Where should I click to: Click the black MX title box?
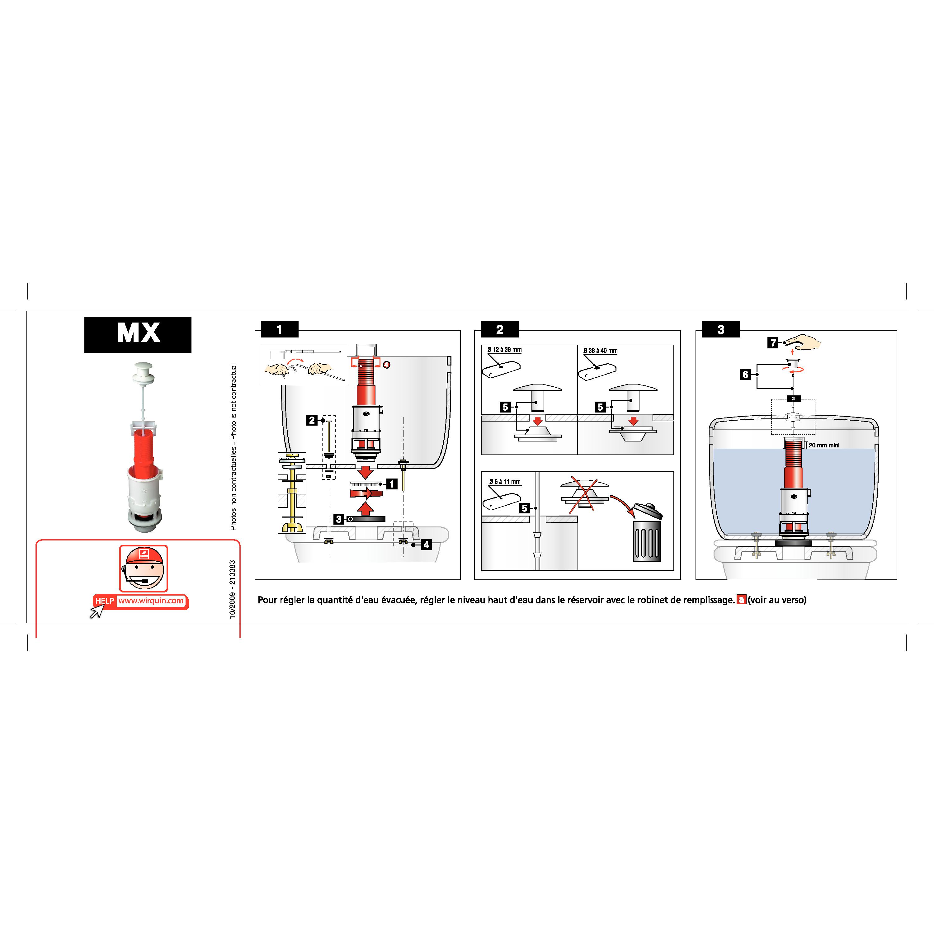click(138, 335)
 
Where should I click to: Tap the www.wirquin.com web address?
click(151, 601)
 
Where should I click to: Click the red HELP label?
click(104, 601)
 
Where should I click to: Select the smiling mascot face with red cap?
click(144, 568)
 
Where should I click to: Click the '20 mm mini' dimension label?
click(824, 445)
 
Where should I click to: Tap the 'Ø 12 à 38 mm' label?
click(504, 350)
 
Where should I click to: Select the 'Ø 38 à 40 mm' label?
click(601, 351)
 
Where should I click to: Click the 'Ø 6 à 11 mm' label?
click(505, 482)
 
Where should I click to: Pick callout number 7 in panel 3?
click(773, 343)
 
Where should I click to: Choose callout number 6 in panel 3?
click(745, 374)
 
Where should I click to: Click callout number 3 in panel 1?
click(339, 519)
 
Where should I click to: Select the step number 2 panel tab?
click(500, 330)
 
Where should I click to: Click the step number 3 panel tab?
click(721, 330)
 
